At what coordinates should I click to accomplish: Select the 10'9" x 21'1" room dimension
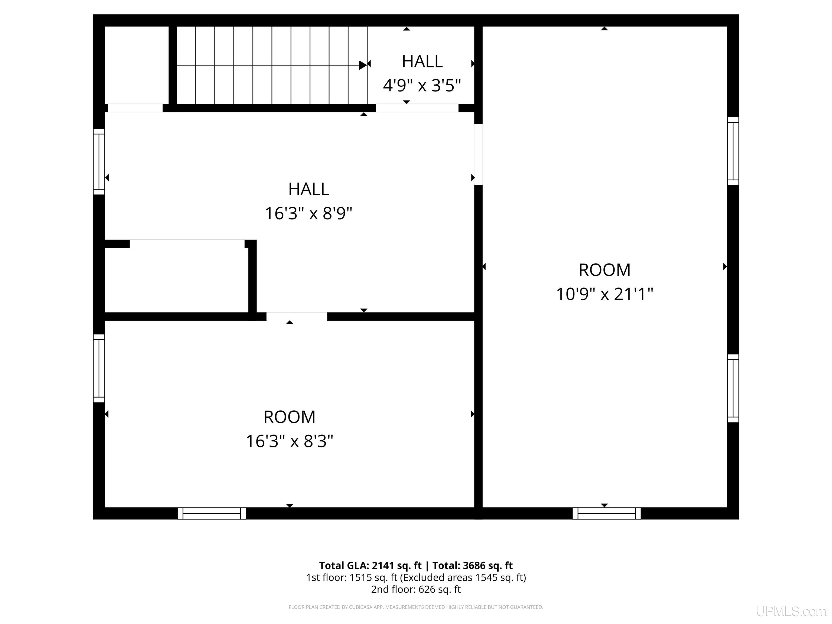pyautogui.click(x=604, y=294)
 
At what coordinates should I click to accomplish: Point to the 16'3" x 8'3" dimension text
pyautogui.click(x=290, y=441)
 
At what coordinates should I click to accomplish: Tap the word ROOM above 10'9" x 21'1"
pyautogui.click(x=604, y=270)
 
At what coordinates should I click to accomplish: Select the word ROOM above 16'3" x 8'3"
pyautogui.click(x=290, y=417)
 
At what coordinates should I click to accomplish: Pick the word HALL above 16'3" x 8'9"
pyautogui.click(x=308, y=189)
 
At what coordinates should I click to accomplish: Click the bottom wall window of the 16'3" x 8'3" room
pyautogui.click(x=212, y=513)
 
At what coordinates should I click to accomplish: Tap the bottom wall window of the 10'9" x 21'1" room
pyautogui.click(x=606, y=513)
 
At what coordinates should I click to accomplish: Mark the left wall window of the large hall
pyautogui.click(x=99, y=162)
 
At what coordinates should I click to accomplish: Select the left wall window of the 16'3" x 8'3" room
pyautogui.click(x=99, y=368)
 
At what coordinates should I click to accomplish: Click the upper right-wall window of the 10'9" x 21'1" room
pyautogui.click(x=733, y=151)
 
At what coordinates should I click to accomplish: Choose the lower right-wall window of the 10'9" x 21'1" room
pyautogui.click(x=733, y=388)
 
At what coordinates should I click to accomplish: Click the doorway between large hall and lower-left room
pyautogui.click(x=297, y=316)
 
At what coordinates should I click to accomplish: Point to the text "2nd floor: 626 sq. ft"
pyautogui.click(x=416, y=589)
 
